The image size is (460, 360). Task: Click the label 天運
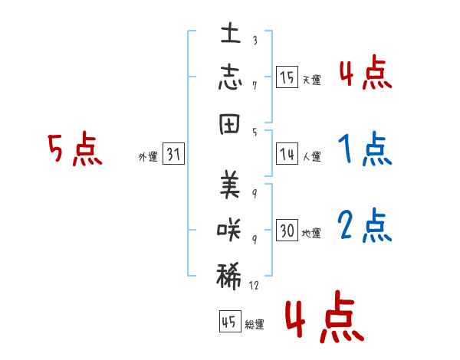[311, 80]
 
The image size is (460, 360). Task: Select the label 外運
[148, 157]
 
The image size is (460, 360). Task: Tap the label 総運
[254, 325]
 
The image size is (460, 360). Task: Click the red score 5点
[74, 149]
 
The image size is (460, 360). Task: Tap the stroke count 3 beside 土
[254, 41]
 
